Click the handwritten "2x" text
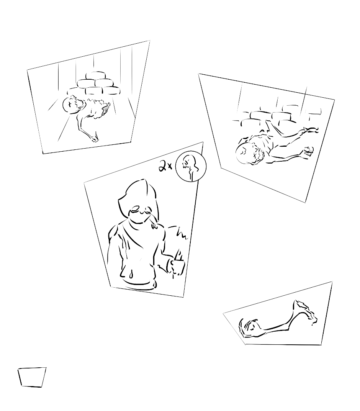click(165, 167)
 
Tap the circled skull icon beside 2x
click(190, 167)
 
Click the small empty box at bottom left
click(32, 377)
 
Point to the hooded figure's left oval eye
click(136, 209)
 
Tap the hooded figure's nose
click(143, 213)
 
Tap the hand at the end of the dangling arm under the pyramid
click(94, 138)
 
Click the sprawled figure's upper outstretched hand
click(312, 129)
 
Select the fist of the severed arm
click(249, 327)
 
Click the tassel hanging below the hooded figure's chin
click(153, 222)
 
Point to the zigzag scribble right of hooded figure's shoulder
click(182, 233)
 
